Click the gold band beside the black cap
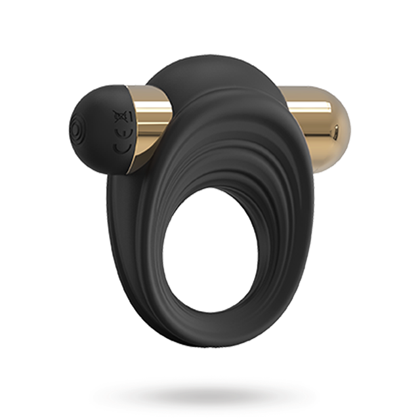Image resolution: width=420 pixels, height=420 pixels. [150, 128]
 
